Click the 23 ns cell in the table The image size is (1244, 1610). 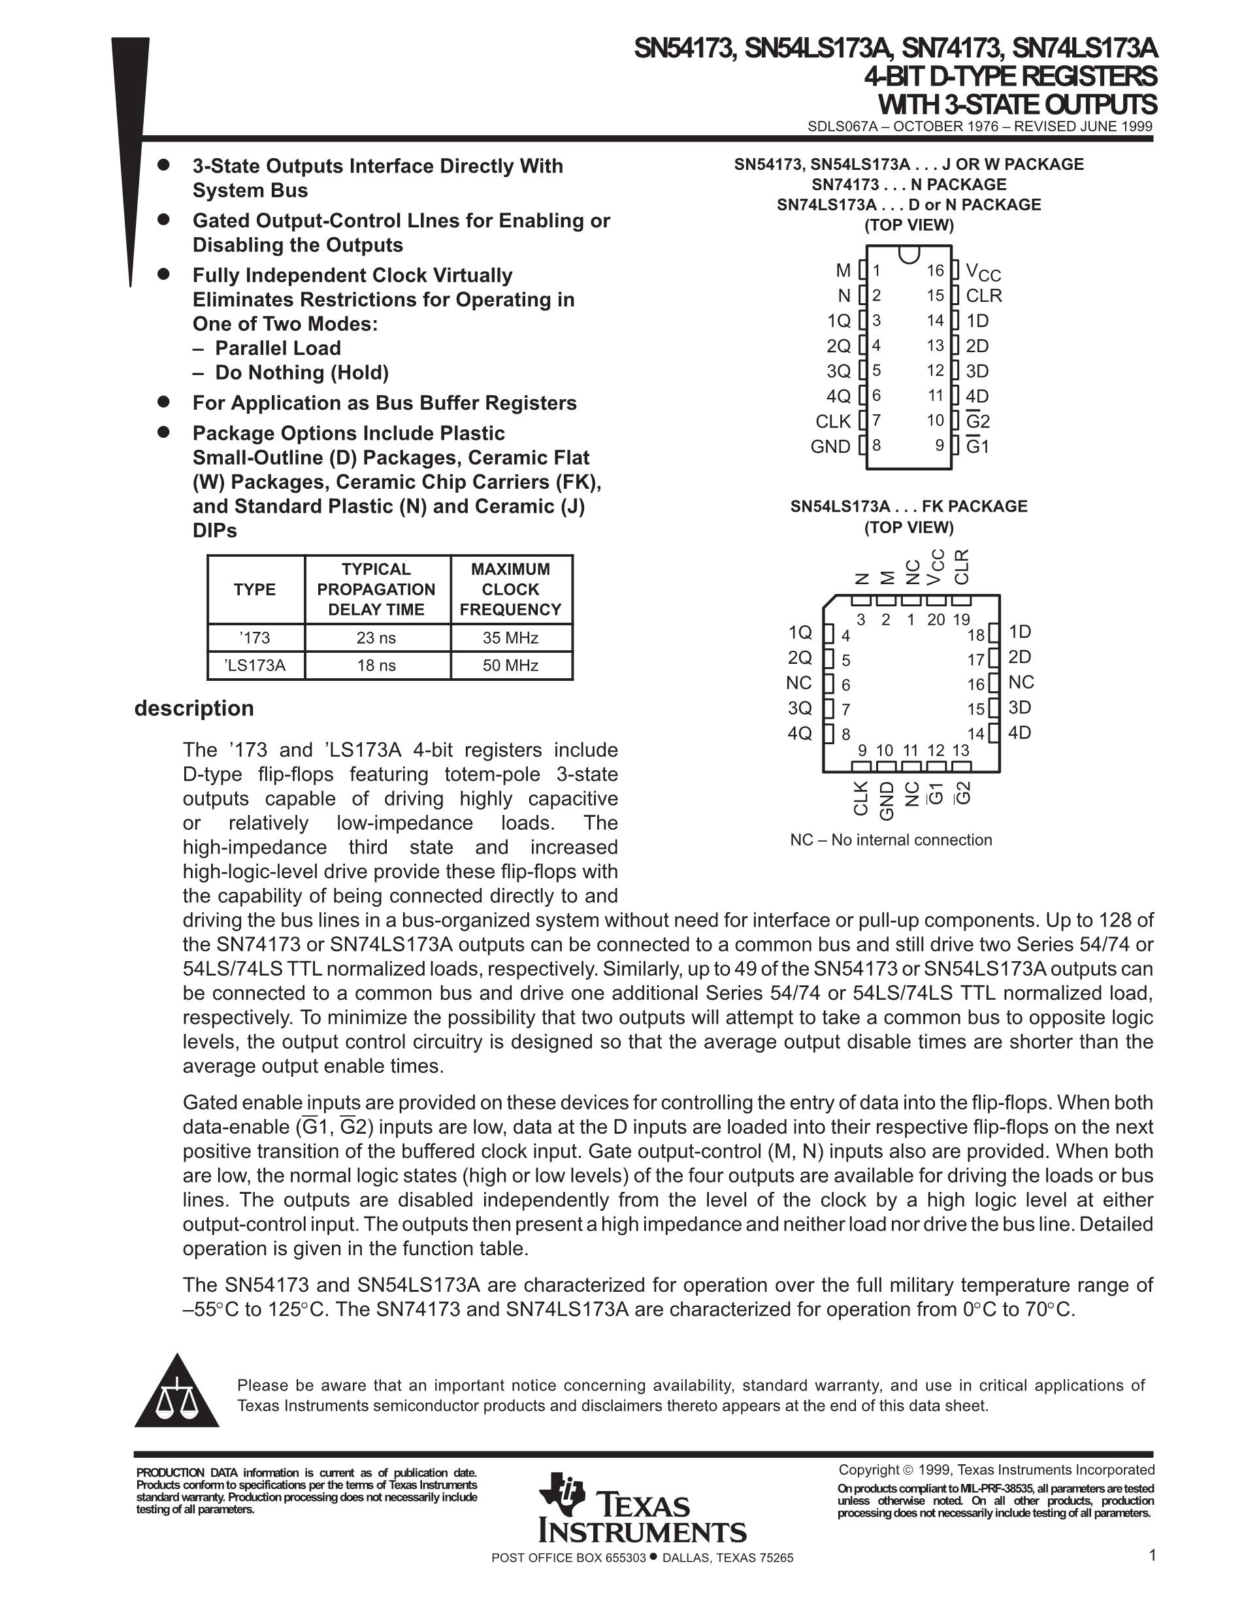click(376, 638)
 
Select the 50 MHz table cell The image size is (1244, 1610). click(510, 665)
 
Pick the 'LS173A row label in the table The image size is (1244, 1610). click(255, 665)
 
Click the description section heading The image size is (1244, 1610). click(194, 708)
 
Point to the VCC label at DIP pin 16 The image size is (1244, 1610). click(983, 272)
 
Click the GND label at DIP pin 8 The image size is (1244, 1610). click(830, 447)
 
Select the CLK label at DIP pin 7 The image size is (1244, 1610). click(833, 421)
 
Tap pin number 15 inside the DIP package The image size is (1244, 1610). click(935, 295)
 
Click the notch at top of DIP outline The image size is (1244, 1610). click(909, 253)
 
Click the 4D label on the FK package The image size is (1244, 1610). click(1019, 732)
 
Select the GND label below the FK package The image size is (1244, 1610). click(887, 800)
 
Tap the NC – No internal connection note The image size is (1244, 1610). click(891, 840)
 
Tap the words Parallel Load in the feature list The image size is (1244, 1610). click(277, 348)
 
